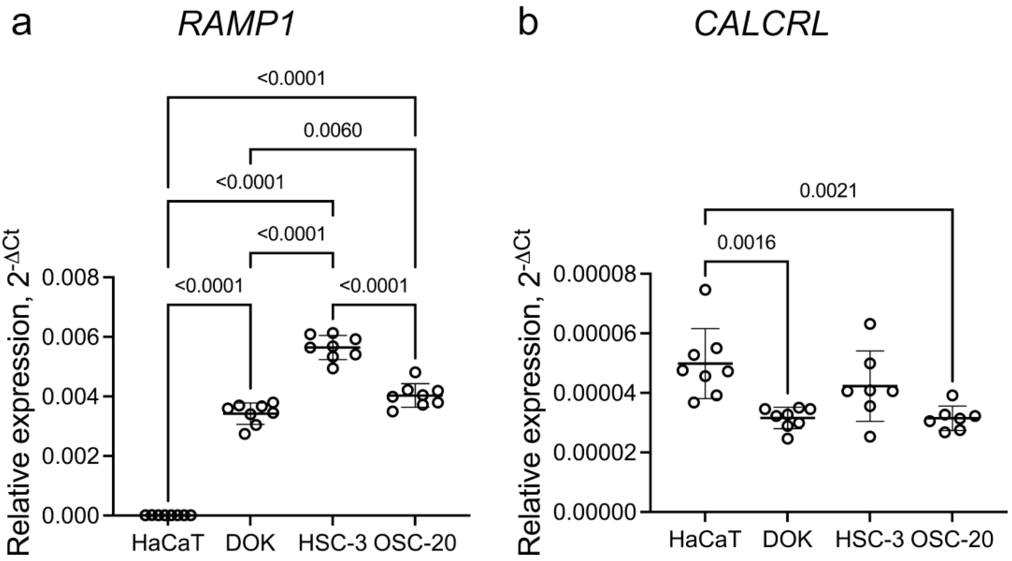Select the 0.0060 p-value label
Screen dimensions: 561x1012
[x=332, y=131]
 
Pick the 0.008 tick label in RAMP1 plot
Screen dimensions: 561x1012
[x=71, y=278]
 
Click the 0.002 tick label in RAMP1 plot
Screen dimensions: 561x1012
[x=71, y=456]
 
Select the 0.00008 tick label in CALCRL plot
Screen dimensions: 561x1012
[x=595, y=273]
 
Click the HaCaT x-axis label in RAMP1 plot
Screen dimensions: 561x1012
[x=168, y=543]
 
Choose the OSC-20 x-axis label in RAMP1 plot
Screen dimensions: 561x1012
[x=415, y=543]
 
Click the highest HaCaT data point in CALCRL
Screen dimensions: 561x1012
[x=706, y=290]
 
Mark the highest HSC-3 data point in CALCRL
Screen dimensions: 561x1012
[x=870, y=324]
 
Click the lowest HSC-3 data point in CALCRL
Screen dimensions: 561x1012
[x=870, y=436]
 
